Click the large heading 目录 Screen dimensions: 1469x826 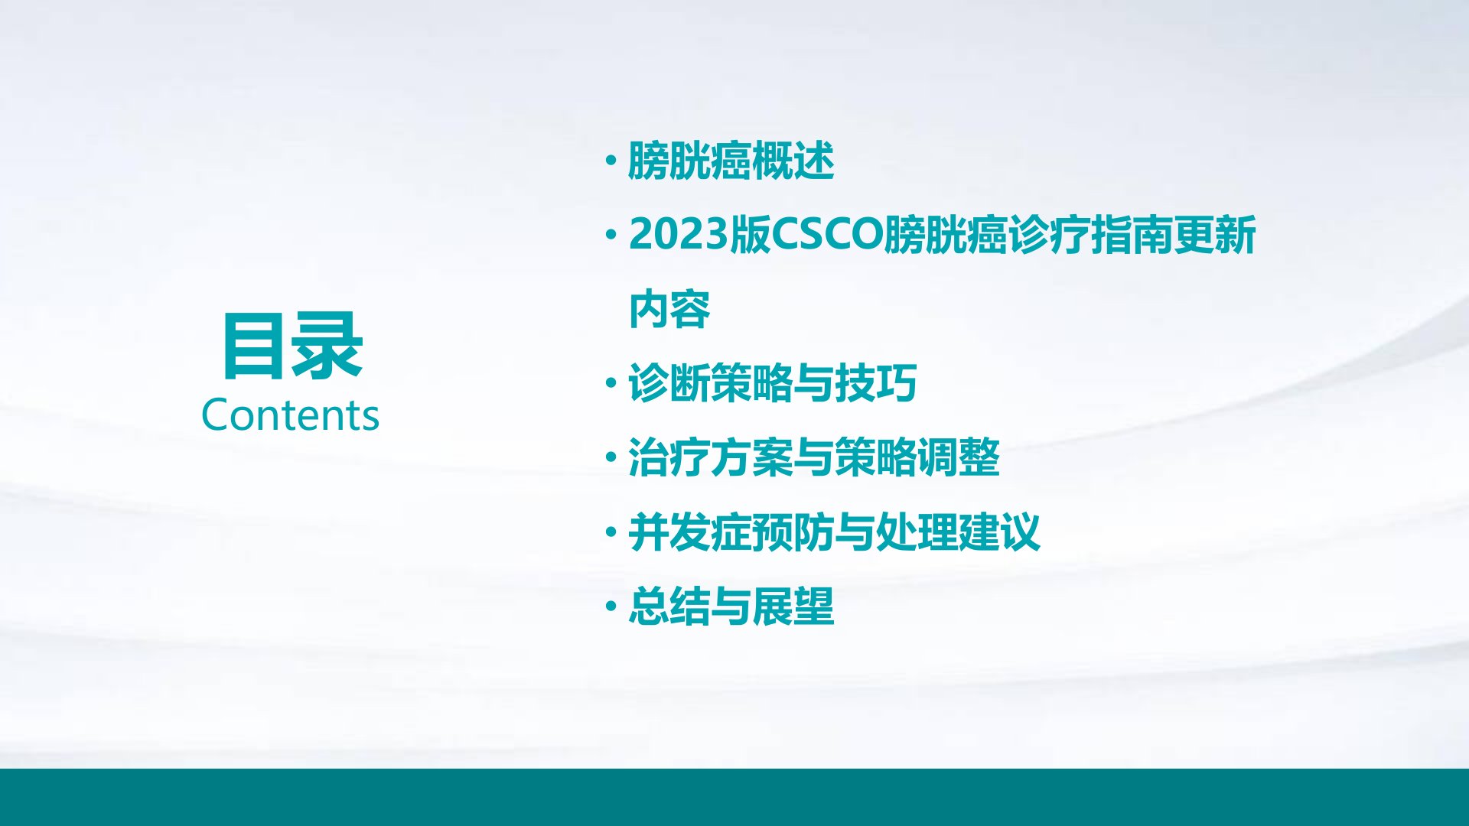pos(292,346)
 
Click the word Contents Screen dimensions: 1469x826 pos(290,415)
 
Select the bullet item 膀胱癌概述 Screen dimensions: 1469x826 pos(731,161)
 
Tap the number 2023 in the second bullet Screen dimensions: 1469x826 pos(678,234)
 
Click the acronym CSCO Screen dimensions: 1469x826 pos(827,234)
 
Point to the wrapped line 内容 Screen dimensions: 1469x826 pos(669,309)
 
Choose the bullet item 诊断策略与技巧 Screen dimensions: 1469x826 pos(772,382)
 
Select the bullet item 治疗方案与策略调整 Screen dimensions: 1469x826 pos(814,457)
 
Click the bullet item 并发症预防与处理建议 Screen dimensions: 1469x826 pos(834,532)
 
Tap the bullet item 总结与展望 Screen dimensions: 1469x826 pos(731,606)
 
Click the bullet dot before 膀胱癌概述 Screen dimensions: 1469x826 pos(611,161)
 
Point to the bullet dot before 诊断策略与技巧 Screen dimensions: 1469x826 pos(611,382)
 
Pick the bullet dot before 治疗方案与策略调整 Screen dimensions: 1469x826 pos(611,457)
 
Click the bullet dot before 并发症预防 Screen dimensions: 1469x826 pos(611,532)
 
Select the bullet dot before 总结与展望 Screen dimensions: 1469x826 pos(611,606)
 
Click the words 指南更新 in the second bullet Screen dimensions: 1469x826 pos(1174,234)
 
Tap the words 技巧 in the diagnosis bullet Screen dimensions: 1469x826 pos(876,382)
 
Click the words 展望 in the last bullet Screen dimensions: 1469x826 pos(793,606)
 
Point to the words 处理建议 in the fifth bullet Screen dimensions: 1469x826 pos(958,532)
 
